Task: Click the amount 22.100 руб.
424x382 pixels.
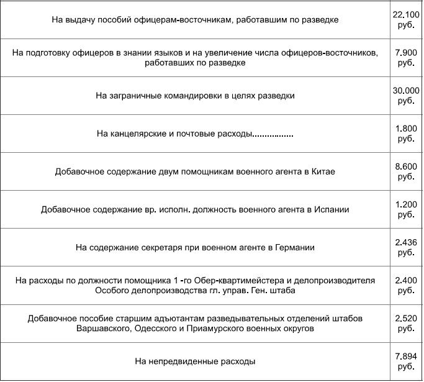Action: [407, 19]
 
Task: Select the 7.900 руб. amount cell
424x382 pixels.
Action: [407, 58]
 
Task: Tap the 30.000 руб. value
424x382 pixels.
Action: [407, 96]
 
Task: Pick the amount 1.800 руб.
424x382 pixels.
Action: [407, 134]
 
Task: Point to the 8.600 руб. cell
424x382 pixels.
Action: [407, 171]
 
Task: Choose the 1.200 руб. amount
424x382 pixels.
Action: [407, 209]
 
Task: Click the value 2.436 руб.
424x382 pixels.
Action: [407, 247]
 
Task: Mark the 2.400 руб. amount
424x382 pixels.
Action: [407, 285]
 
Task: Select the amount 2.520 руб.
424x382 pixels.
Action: [407, 323]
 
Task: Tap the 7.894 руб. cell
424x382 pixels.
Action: [407, 361]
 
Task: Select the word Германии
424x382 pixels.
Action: [294, 247]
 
